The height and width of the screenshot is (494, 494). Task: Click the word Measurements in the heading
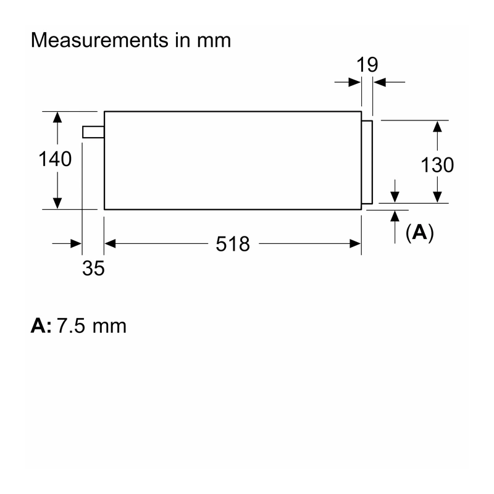99,40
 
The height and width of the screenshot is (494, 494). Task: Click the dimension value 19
367,65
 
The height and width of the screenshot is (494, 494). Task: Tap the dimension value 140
55,159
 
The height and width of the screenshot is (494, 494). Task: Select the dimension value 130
437,165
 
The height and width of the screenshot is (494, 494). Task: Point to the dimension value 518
233,244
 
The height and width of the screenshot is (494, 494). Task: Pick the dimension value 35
93,269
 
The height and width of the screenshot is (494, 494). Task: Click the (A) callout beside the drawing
420,233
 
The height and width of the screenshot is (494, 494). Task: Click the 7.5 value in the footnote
71,326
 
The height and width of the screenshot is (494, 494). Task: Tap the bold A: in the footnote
41,326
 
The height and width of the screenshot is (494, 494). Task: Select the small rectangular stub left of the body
93,132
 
